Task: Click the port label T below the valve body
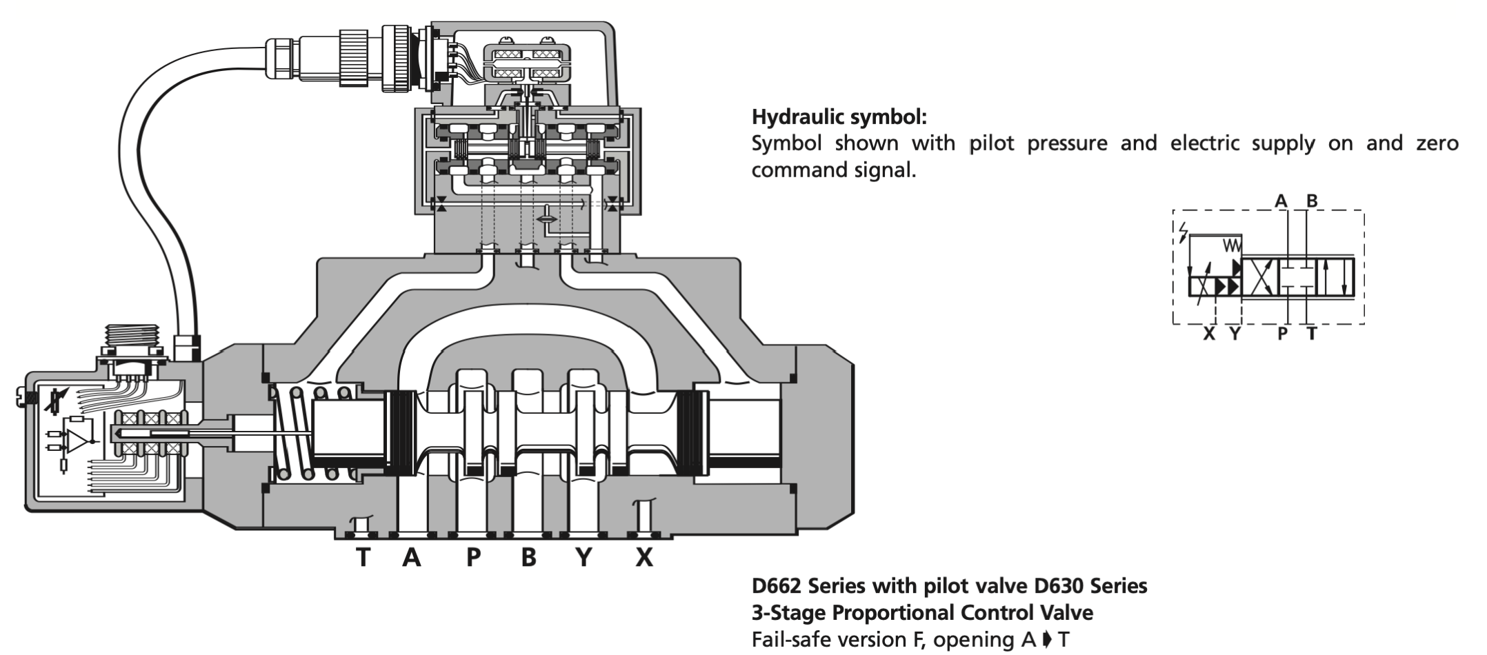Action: (x=363, y=557)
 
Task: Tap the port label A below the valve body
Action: (x=412, y=557)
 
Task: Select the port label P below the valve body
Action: (x=473, y=557)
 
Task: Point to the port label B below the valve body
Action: (x=529, y=557)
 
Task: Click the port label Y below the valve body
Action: (x=584, y=557)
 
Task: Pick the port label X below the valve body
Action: (x=644, y=557)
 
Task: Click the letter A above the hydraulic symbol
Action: (x=1281, y=201)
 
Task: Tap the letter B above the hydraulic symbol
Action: (x=1312, y=201)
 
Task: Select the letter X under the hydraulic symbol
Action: (x=1208, y=334)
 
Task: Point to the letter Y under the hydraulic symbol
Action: (x=1235, y=334)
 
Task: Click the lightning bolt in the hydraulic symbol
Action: (x=1184, y=232)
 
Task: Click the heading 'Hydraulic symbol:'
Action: (x=839, y=117)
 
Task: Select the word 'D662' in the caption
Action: (x=777, y=586)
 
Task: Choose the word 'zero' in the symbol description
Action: (x=1437, y=143)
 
